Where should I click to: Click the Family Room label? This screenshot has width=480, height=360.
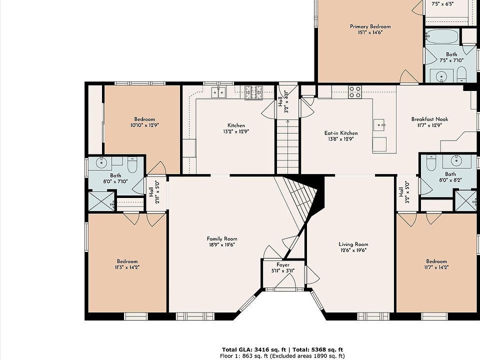click(222, 239)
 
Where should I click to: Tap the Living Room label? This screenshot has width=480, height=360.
click(353, 244)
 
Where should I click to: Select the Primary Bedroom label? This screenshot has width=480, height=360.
click(370, 26)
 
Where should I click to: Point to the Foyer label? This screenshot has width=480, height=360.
click(283, 265)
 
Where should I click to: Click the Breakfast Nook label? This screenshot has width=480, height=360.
click(429, 119)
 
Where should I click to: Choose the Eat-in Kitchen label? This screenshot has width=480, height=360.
click(340, 133)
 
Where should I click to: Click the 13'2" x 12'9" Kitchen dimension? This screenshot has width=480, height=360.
click(236, 131)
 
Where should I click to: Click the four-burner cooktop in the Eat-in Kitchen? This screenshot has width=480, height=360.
click(355, 92)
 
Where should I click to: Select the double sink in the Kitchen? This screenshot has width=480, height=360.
click(218, 92)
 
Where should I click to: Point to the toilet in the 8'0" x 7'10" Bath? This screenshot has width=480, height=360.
click(132, 164)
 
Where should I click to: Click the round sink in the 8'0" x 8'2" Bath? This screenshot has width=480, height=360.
click(456, 160)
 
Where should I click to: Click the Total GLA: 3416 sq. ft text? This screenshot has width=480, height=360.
click(254, 349)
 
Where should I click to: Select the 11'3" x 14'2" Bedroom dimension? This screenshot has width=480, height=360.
click(127, 267)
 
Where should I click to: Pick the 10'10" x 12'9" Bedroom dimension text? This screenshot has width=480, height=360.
click(144, 125)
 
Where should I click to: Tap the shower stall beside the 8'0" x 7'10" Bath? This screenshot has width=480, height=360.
click(101, 201)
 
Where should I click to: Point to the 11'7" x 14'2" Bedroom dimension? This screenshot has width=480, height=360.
click(436, 267)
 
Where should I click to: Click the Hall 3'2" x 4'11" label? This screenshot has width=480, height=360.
click(283, 101)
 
